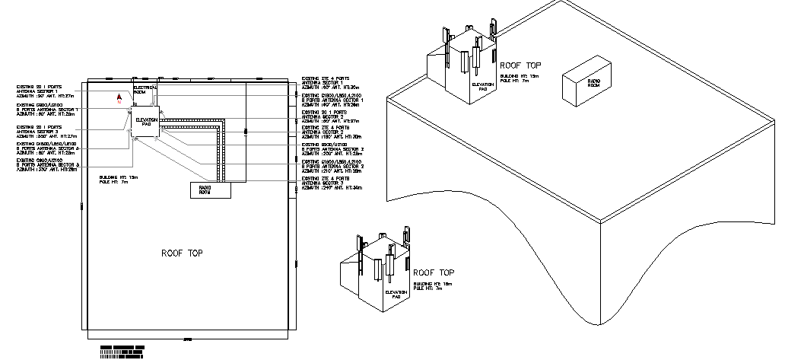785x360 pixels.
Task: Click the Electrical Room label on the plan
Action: [145, 90]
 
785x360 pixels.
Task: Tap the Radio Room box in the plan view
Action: [209, 191]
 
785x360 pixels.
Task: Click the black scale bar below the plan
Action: [122, 350]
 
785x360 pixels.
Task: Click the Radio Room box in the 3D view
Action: [583, 84]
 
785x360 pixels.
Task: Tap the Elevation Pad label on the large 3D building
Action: [482, 86]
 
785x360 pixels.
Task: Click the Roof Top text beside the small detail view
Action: [434, 272]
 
